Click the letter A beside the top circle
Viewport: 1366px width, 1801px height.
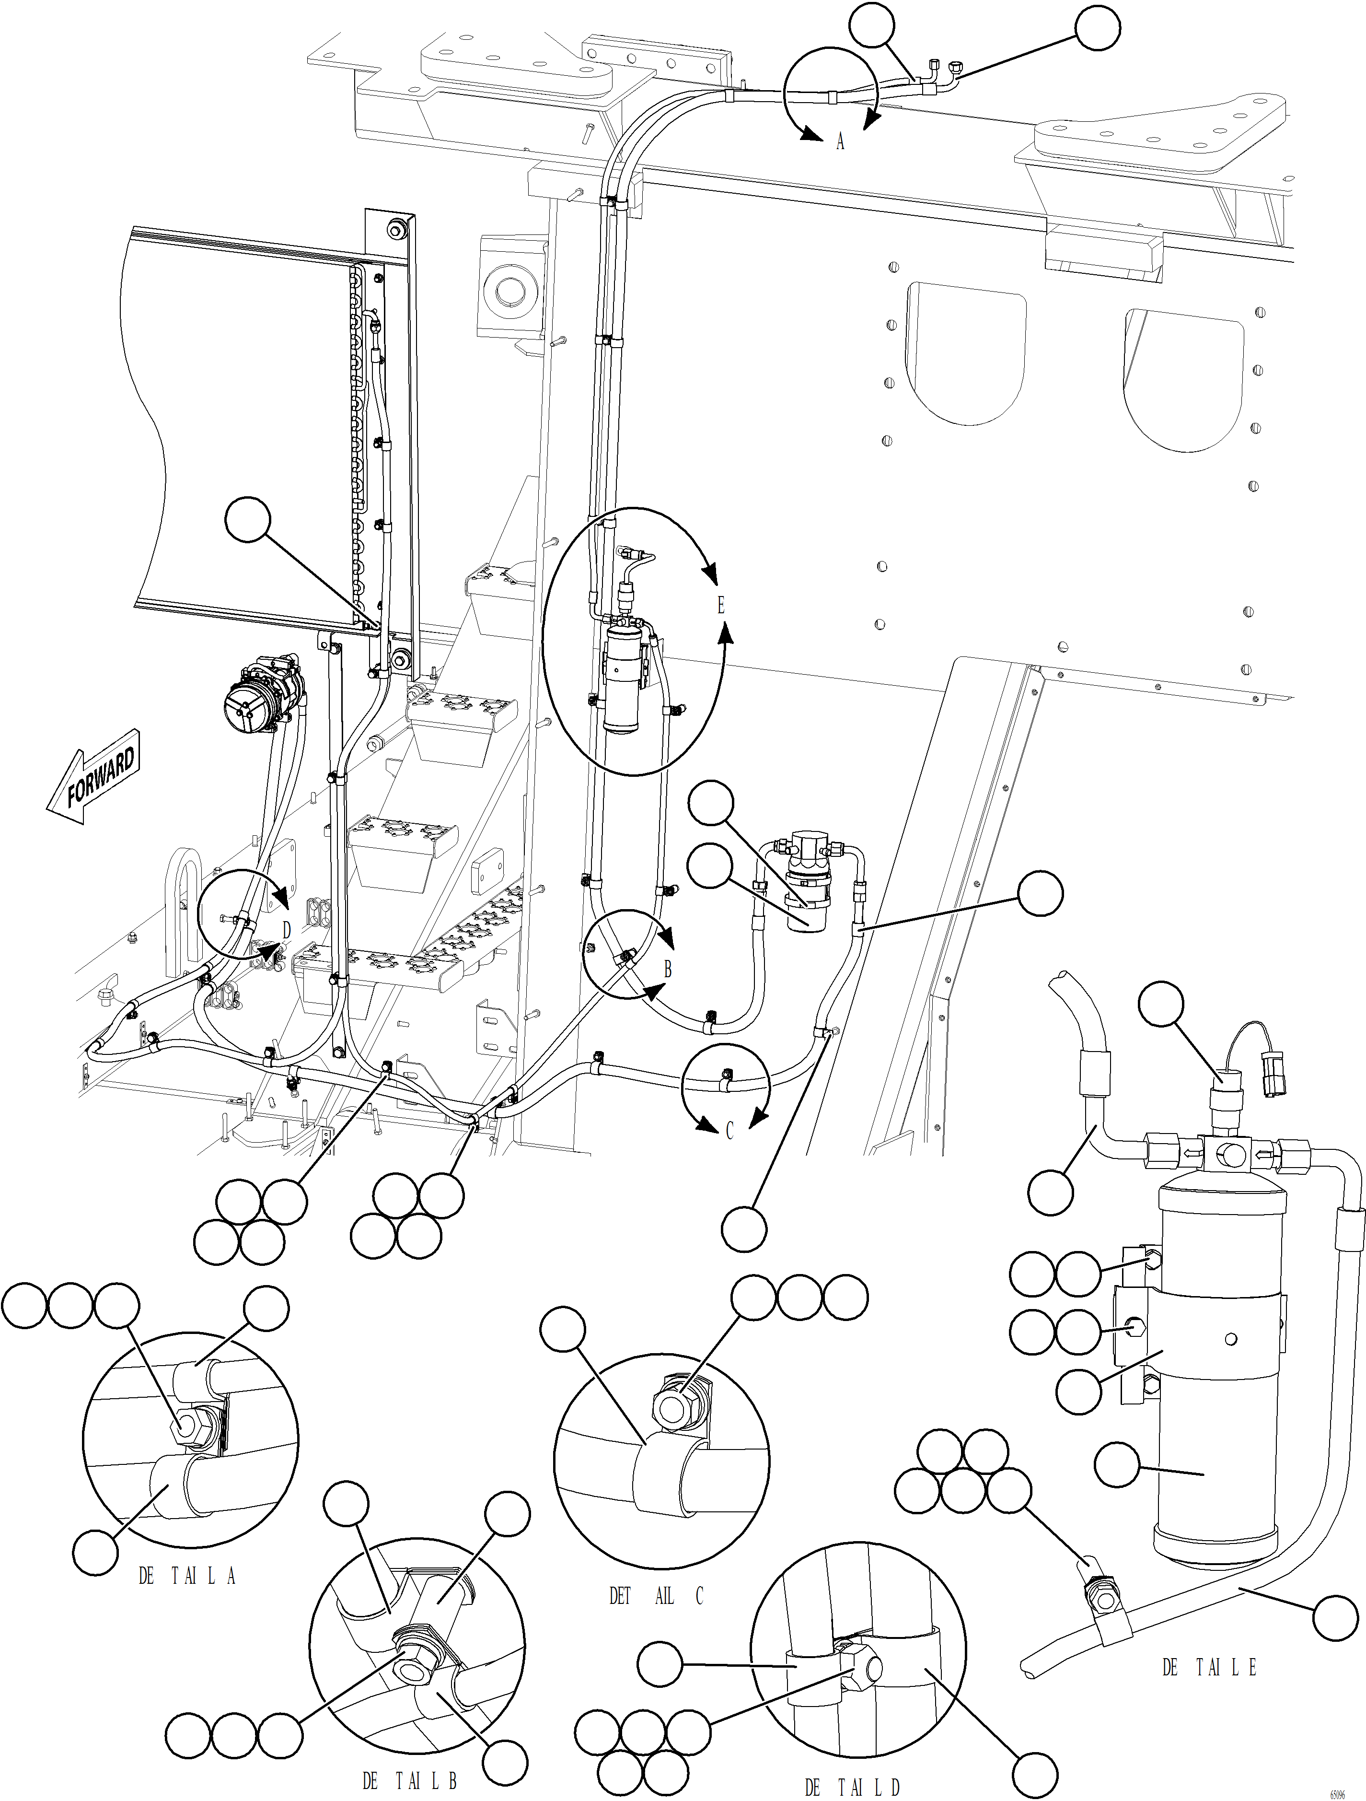coord(840,142)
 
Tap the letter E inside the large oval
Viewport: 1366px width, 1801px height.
coord(720,605)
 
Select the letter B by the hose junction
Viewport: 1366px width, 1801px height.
coord(668,970)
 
